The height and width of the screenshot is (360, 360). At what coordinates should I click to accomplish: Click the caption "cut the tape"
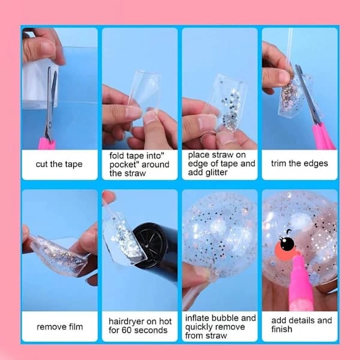pyautogui.click(x=59, y=164)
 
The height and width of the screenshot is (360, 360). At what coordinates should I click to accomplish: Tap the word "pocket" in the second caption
pyautogui.click(x=122, y=164)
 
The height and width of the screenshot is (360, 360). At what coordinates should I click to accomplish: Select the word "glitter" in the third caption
pyautogui.click(x=216, y=172)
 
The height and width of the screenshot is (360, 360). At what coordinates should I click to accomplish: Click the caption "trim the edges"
pyautogui.click(x=299, y=163)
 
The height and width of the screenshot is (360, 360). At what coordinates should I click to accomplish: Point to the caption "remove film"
pyautogui.click(x=59, y=326)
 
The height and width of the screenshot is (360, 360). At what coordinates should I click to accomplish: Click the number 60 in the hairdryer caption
pyautogui.click(x=127, y=330)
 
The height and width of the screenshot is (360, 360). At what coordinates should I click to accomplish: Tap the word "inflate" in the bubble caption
pyautogui.click(x=197, y=318)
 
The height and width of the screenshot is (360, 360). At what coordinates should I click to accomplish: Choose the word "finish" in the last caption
pyautogui.click(x=282, y=329)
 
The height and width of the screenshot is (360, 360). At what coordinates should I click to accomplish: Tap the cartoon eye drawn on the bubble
pyautogui.click(x=287, y=244)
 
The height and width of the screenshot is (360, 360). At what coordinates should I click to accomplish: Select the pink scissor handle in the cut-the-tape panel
pyautogui.click(x=47, y=143)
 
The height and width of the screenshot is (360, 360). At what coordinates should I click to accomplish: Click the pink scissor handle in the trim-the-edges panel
pyautogui.click(x=323, y=137)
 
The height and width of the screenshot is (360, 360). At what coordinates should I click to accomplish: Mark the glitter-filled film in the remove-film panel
pyautogui.click(x=60, y=256)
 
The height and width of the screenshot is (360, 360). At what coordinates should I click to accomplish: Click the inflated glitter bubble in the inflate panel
pyautogui.click(x=220, y=234)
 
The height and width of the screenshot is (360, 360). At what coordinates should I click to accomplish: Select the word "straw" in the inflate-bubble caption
pyautogui.click(x=216, y=336)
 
